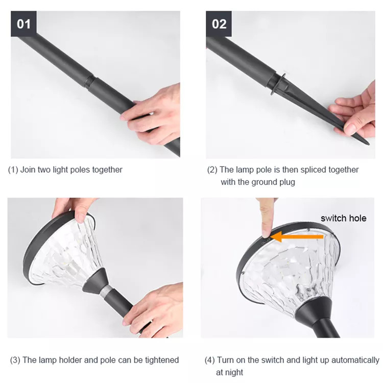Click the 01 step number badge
coord(23,23)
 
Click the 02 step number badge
coord(219,23)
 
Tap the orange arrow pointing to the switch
coord(297,236)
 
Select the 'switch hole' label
coord(344,218)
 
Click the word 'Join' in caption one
coord(28,170)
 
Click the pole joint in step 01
coord(90,81)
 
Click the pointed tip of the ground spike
coord(368,143)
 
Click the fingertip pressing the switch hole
coord(266,234)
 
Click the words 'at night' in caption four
coord(229,372)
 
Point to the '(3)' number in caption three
coord(15,361)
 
